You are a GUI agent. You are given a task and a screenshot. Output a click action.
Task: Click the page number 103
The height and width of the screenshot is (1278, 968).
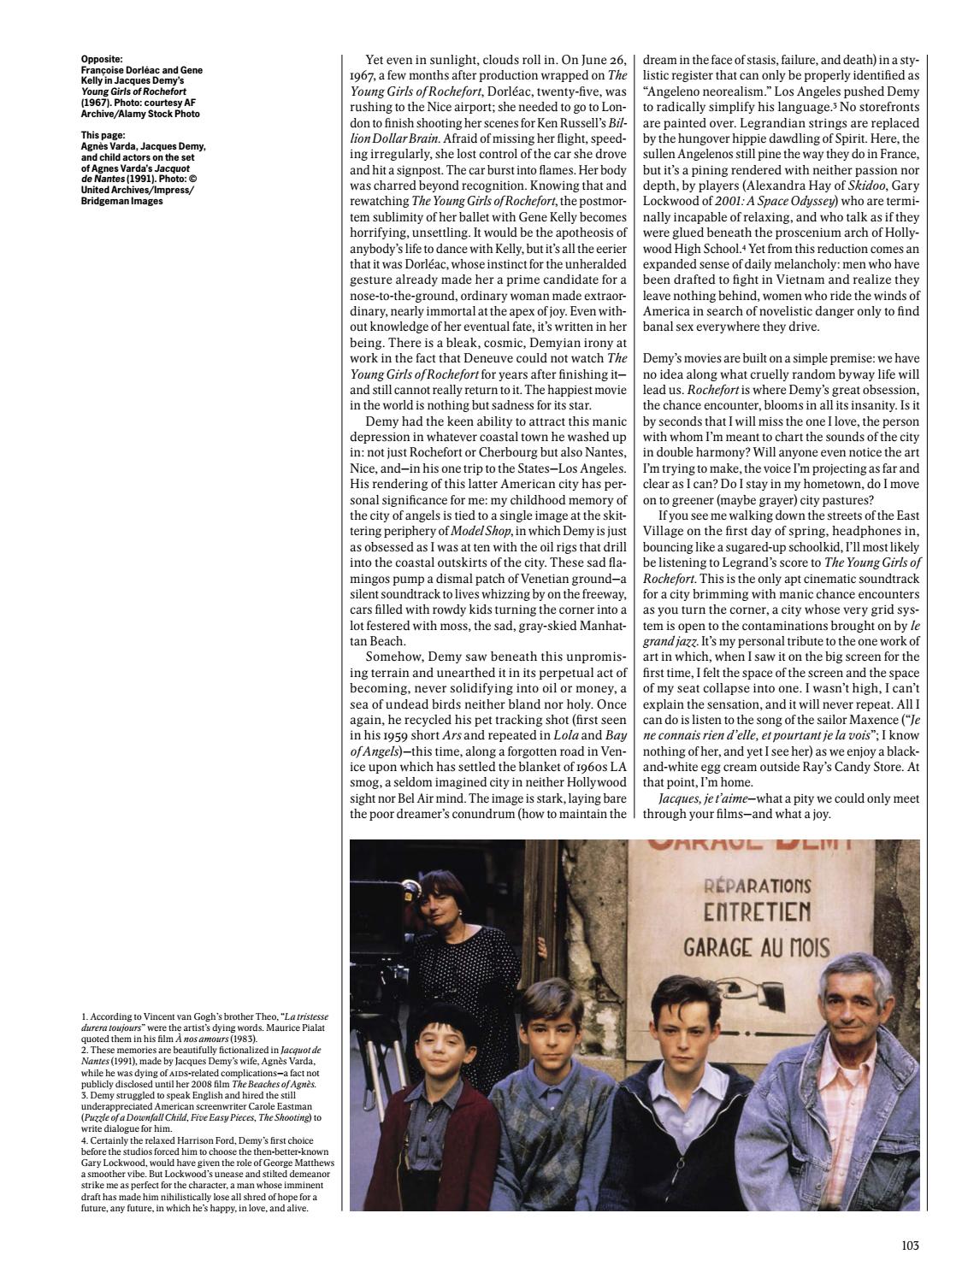909,1246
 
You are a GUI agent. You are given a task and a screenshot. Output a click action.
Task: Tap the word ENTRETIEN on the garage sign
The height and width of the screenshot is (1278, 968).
757,912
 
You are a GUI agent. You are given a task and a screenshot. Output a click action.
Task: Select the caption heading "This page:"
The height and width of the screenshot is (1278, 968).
103,135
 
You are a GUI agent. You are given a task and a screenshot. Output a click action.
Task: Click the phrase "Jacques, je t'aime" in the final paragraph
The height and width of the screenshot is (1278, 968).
694,798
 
